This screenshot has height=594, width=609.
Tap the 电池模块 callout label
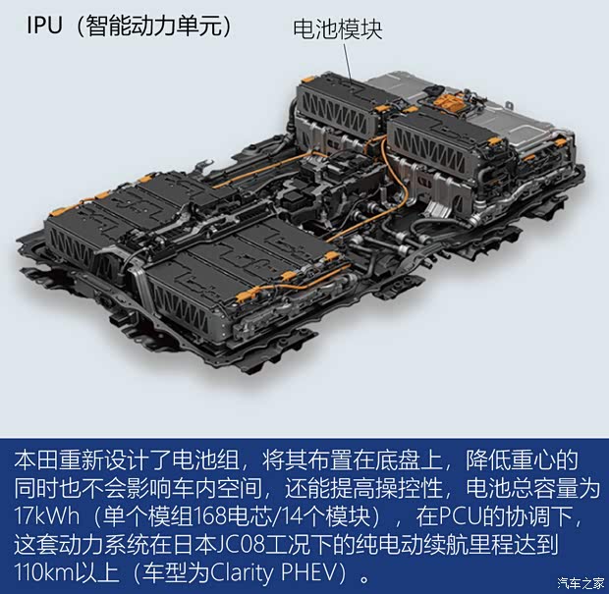(x=338, y=28)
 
